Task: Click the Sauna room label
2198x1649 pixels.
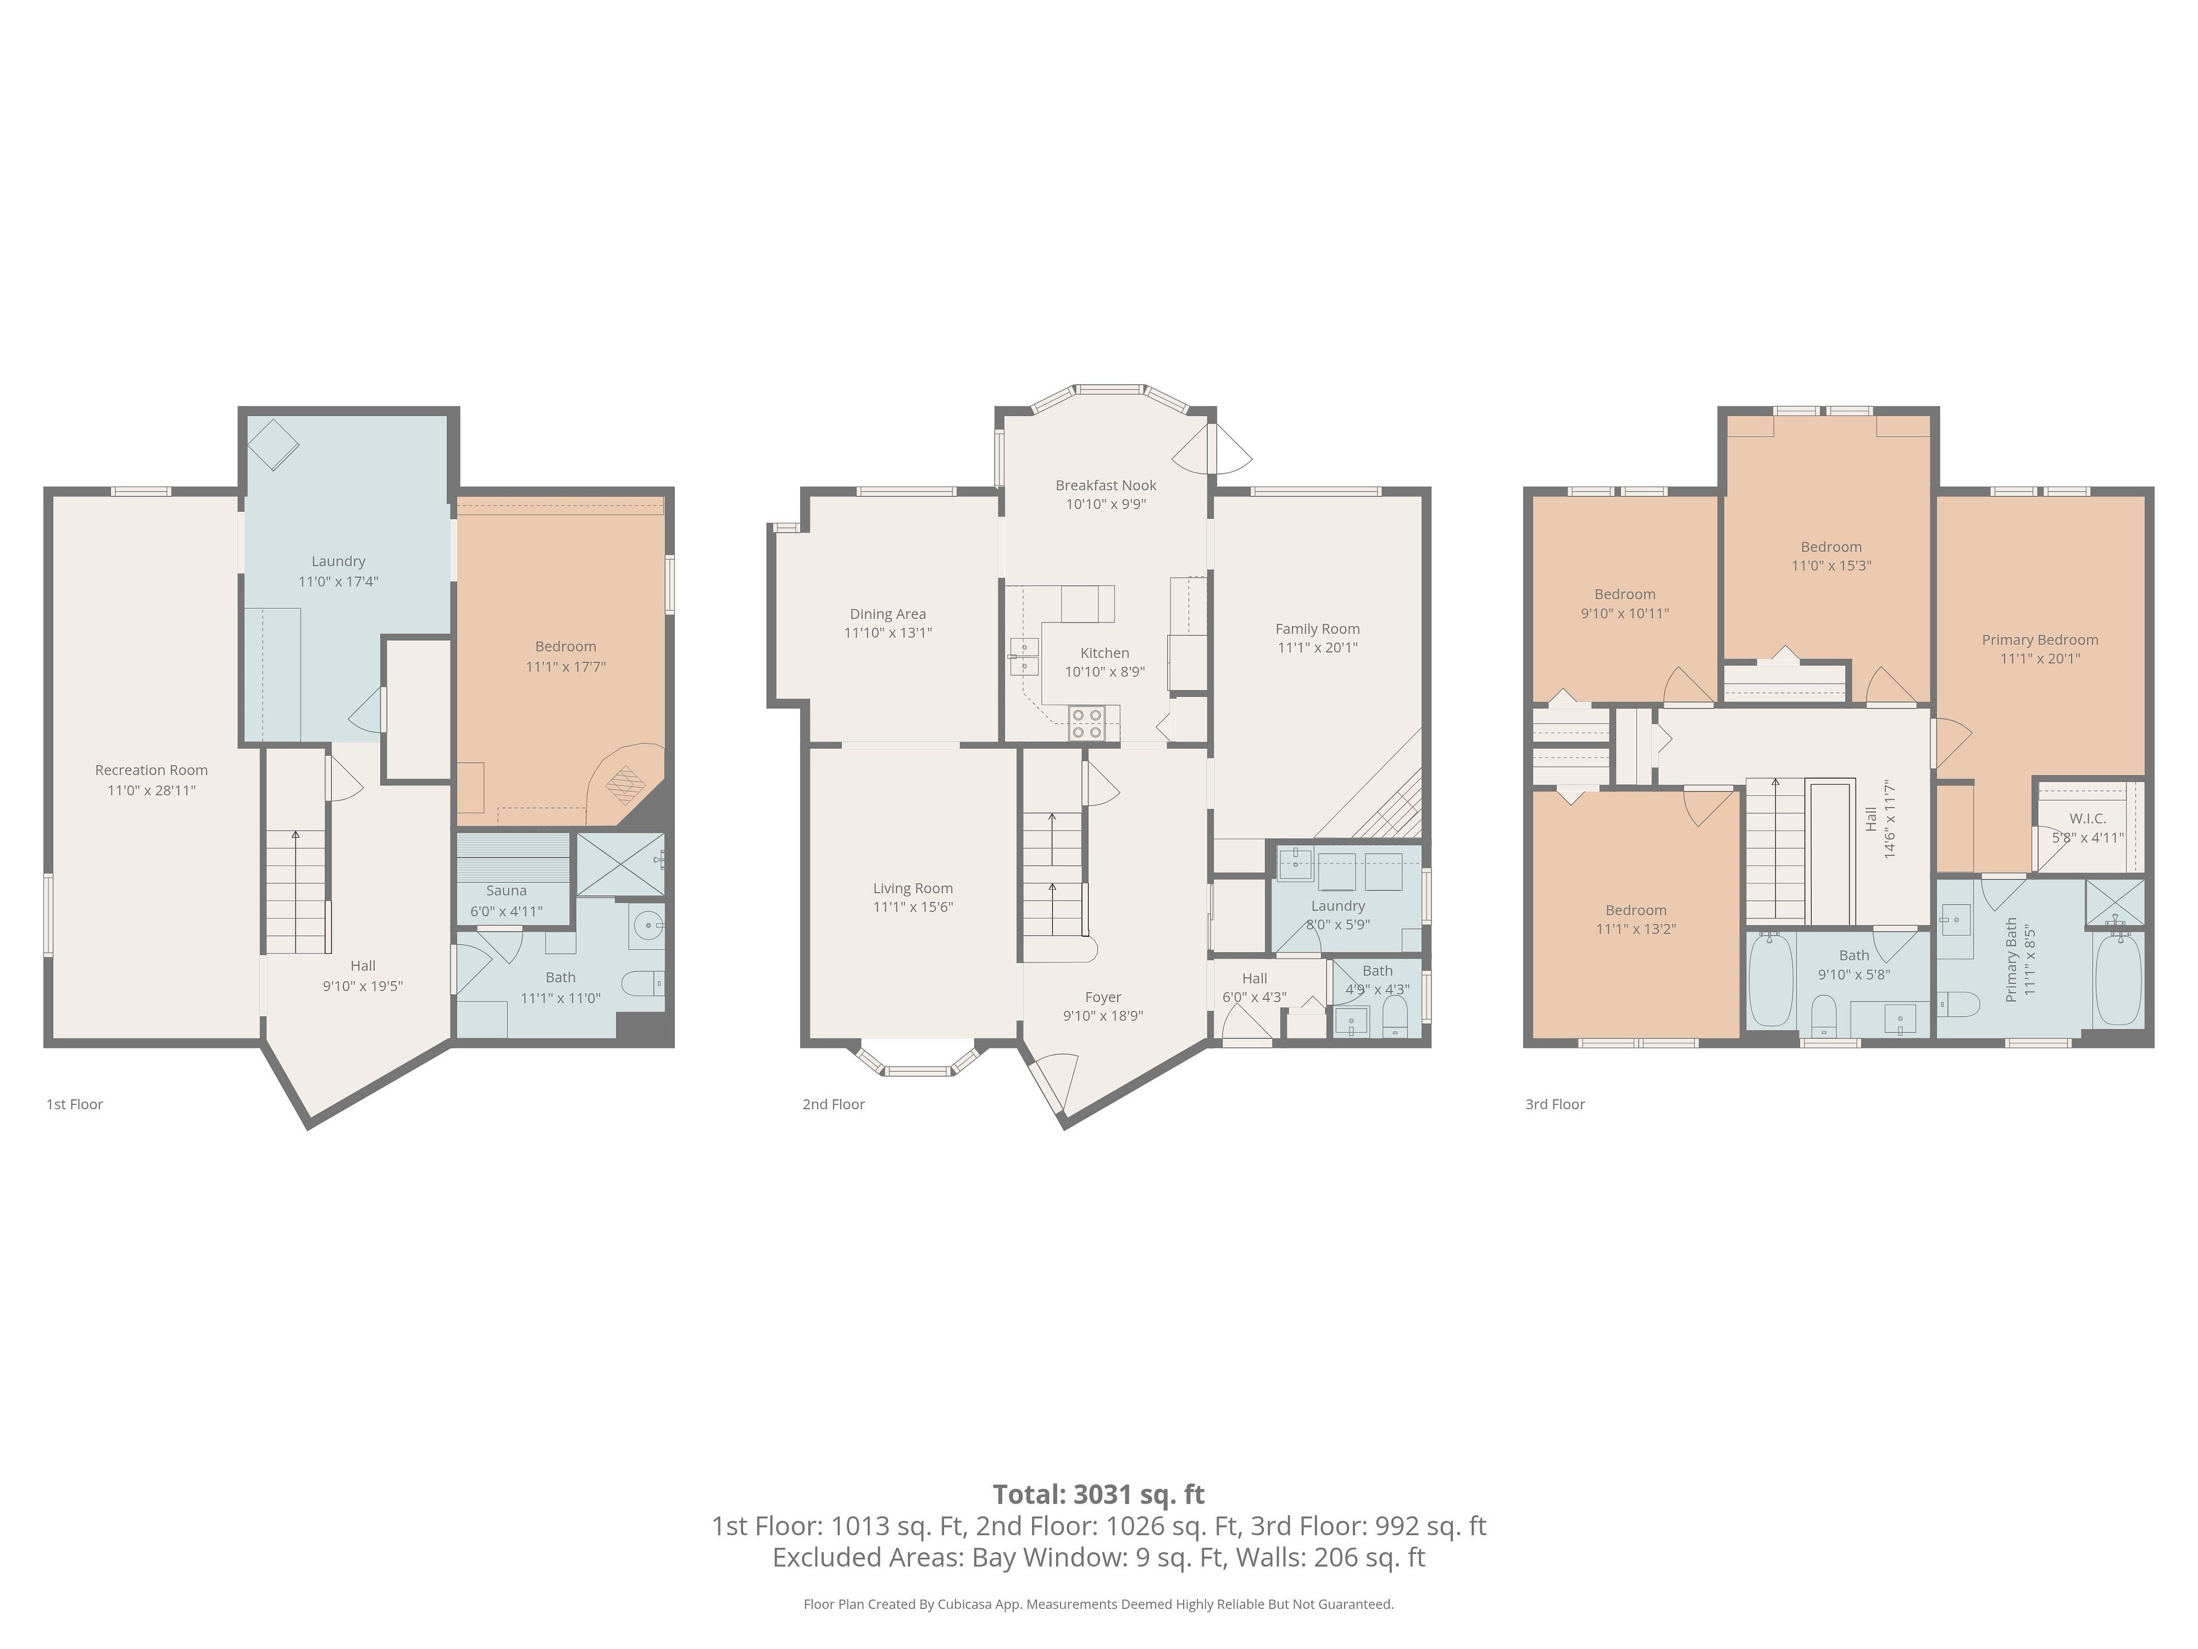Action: [507, 890]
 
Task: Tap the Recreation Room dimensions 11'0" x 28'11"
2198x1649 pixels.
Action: [152, 790]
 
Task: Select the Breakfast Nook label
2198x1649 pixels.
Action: [1106, 485]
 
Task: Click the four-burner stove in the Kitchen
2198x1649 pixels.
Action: [1086, 723]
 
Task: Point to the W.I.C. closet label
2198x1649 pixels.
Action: [2088, 818]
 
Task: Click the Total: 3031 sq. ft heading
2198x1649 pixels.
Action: [1099, 1494]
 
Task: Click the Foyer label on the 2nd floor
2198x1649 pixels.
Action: [1103, 997]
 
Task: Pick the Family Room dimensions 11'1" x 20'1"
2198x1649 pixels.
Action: [1318, 647]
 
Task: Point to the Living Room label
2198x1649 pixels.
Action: [913, 889]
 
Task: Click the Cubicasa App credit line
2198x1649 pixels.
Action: [1099, 1603]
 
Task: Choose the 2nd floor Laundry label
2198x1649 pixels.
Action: [1338, 905]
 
